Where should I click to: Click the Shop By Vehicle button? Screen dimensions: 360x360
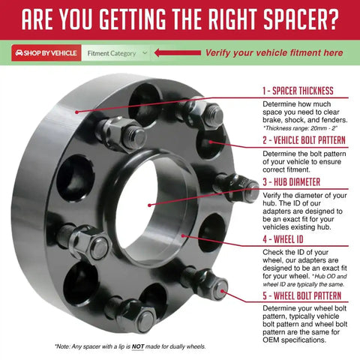click(46, 53)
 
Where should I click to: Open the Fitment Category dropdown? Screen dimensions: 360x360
click(116, 53)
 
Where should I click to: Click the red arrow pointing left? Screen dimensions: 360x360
click(178, 52)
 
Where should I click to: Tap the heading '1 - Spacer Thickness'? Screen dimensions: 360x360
click(298, 91)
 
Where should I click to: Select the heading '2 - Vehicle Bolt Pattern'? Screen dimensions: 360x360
click(304, 140)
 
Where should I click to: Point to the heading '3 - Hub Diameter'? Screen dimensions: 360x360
click(291, 181)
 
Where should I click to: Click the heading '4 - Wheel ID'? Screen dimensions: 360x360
click(283, 239)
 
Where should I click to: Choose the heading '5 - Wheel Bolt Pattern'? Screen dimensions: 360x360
click(301, 295)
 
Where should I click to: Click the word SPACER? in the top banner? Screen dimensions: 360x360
click(301, 19)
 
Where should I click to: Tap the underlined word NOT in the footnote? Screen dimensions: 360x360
click(138, 346)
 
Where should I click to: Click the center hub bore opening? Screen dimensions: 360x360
click(140, 204)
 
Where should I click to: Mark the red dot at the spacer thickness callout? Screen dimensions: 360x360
click(76, 112)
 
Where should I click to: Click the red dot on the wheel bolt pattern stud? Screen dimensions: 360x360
click(223, 291)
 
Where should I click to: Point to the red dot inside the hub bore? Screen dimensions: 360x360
click(149, 205)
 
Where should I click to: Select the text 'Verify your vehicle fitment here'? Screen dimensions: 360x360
click(274, 52)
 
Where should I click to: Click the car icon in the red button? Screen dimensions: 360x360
click(19, 53)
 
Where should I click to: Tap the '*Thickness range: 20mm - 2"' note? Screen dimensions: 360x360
click(300, 128)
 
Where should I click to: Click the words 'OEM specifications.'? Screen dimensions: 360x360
click(295, 340)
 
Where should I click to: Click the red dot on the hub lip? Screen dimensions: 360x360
click(183, 235)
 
